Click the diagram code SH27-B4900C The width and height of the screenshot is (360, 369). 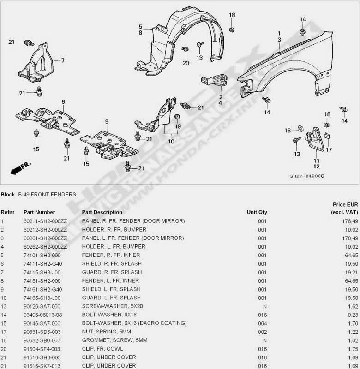coord(307,176)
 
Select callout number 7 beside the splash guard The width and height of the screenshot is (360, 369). coord(63,60)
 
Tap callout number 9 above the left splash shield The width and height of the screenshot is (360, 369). coord(107,122)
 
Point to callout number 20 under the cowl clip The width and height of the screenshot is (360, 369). coord(186,63)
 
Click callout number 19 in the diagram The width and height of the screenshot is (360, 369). coord(178,126)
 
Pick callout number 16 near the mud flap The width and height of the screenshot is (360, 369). coord(288,131)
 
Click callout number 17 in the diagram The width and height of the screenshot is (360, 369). coord(329,149)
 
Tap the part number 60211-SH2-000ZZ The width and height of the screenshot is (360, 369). coord(45,221)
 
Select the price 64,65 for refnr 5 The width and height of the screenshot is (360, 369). coord(352,256)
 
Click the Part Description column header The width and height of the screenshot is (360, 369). coord(102,212)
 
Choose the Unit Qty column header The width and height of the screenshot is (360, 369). coord(257,212)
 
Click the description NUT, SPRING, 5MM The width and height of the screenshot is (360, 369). coord(107,332)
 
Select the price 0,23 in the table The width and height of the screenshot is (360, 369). coord(353,315)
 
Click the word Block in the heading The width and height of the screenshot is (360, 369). coord(7,194)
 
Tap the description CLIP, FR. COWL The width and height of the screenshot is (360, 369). coord(102,349)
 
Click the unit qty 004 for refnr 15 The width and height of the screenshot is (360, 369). coord(262,323)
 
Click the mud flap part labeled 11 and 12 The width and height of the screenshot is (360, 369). coord(314,139)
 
